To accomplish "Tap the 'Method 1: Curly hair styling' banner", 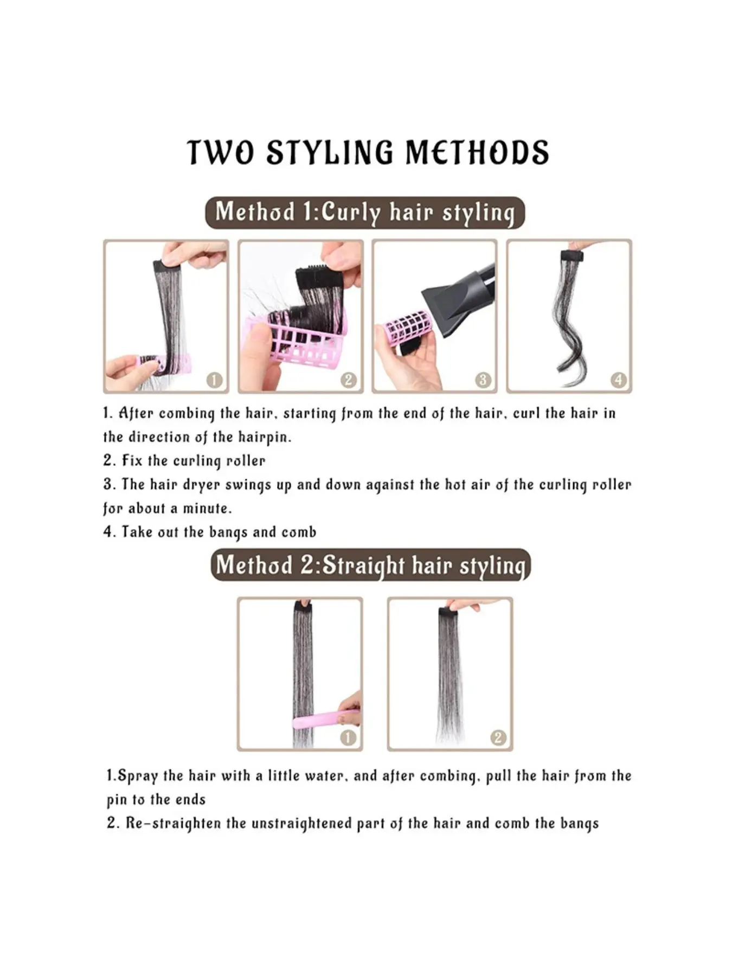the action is pos(365,213).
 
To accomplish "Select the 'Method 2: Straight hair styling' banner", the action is pos(370,565).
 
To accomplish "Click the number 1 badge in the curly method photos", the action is pos(215,380).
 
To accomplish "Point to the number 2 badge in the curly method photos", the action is pos(349,380).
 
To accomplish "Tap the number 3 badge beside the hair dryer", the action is pos(483,380).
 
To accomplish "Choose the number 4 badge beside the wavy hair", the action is pos(618,380).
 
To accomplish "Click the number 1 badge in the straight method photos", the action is pos(348,737).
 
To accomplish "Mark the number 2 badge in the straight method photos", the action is pos(498,737).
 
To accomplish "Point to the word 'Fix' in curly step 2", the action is pos(132,461).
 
